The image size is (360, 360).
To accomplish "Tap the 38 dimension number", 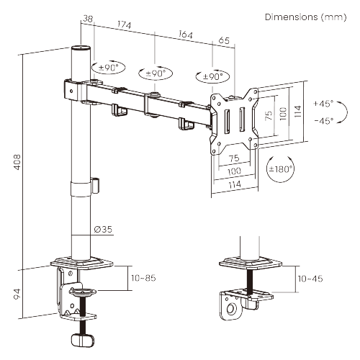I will [x=89, y=20].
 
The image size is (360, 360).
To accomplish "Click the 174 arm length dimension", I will [x=124, y=27].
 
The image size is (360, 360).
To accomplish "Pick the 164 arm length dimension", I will [x=184, y=35].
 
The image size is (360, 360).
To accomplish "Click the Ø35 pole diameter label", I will [x=102, y=230].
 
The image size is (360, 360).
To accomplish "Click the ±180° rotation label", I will [x=279, y=170].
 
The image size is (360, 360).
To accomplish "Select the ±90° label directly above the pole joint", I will [x=107, y=68].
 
